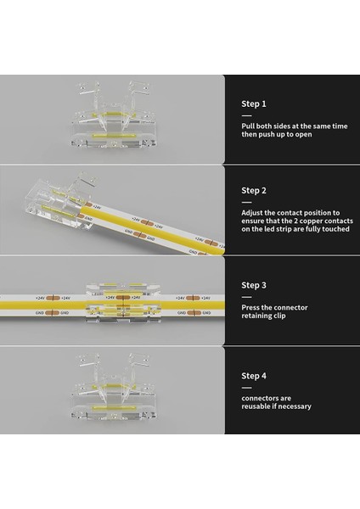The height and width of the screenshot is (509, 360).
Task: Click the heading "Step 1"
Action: pos(254,103)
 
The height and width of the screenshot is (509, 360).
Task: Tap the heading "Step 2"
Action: pos(254,191)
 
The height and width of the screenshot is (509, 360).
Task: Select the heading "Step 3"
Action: pos(254,286)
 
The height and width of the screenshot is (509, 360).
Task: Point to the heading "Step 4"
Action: pos(254,375)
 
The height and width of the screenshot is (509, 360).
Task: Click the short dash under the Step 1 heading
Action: pos(246,115)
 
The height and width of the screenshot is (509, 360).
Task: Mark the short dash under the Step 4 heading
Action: pos(246,386)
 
